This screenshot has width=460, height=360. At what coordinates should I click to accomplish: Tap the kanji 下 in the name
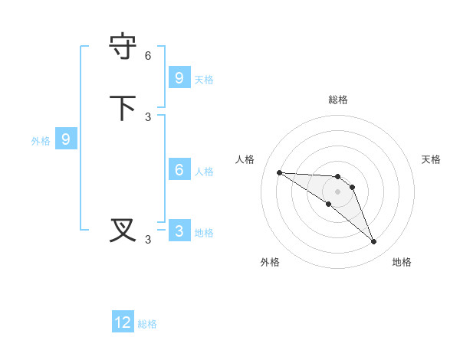(x=123, y=107)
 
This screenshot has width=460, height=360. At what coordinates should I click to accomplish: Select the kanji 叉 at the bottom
(x=123, y=230)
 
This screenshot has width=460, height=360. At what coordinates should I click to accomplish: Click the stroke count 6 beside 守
(x=148, y=56)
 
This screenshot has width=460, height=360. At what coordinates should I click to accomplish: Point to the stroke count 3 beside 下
(x=148, y=117)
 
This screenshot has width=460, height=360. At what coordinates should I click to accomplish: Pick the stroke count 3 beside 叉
(x=148, y=240)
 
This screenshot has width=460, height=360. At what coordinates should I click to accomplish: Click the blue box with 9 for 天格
(x=179, y=78)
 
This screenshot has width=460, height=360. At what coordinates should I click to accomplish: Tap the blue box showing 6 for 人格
(x=179, y=170)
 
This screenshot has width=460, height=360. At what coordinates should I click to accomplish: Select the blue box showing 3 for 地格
(x=179, y=231)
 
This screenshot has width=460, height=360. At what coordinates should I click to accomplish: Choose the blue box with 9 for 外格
(x=66, y=139)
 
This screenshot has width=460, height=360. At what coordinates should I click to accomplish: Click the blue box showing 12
(x=123, y=322)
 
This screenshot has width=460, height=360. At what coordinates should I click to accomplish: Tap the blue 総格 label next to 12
(x=147, y=324)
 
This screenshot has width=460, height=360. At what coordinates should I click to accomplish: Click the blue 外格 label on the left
(x=41, y=141)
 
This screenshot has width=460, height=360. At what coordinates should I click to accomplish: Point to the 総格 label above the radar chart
(x=337, y=100)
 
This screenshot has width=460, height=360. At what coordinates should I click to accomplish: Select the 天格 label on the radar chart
(x=431, y=159)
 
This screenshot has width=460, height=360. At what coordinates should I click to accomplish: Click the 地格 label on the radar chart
(x=402, y=262)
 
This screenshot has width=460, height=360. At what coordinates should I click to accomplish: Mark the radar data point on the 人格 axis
(x=279, y=172)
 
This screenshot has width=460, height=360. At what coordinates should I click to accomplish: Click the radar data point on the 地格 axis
(x=373, y=242)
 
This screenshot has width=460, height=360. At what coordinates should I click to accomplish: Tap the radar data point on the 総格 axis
(x=337, y=177)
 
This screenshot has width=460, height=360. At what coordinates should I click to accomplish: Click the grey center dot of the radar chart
(x=337, y=191)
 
